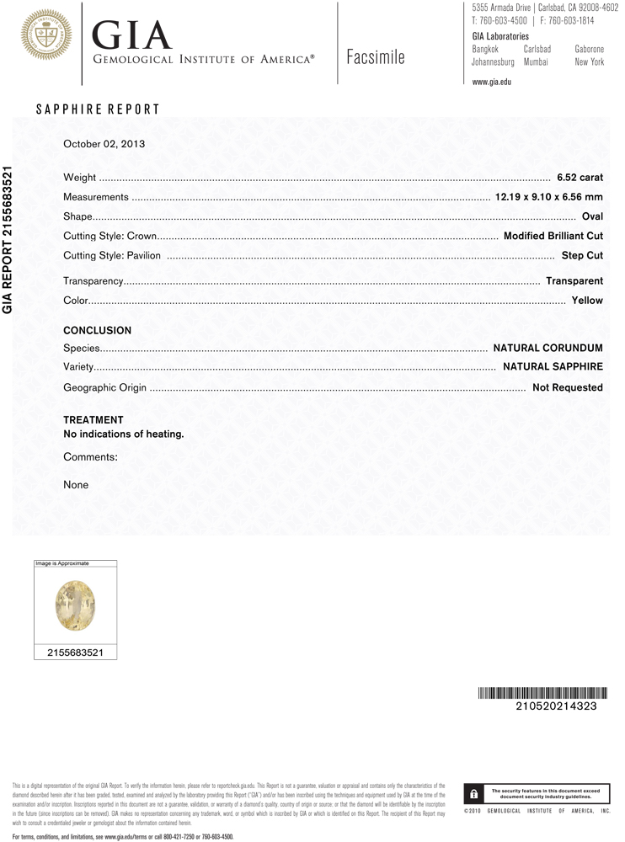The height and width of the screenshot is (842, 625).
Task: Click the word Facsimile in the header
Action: [x=375, y=57]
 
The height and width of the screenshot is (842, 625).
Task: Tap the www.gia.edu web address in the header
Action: [x=492, y=82]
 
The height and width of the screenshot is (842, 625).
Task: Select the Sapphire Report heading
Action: [x=98, y=109]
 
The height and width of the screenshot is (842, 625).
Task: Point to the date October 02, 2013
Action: [x=104, y=144]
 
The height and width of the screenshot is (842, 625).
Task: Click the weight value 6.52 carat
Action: [x=580, y=178]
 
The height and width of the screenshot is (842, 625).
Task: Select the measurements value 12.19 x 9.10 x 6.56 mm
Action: [x=548, y=197]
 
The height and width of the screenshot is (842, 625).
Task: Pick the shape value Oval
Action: [x=592, y=216]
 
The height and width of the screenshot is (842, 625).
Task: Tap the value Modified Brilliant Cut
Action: [x=553, y=236]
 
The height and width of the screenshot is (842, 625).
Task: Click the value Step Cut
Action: [x=582, y=255]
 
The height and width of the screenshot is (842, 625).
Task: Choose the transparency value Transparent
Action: [x=574, y=281]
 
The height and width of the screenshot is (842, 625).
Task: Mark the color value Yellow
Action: [x=587, y=301]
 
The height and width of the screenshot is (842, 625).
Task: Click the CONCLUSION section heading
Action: [x=98, y=331]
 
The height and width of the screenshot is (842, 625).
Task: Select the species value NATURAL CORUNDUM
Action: [x=548, y=348]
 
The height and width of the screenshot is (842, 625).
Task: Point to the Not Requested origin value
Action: [x=567, y=388]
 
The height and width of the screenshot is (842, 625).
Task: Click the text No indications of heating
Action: [x=124, y=434]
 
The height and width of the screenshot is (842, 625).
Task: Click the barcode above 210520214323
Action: [x=542, y=693]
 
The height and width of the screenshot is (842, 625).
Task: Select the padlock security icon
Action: [x=474, y=793]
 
